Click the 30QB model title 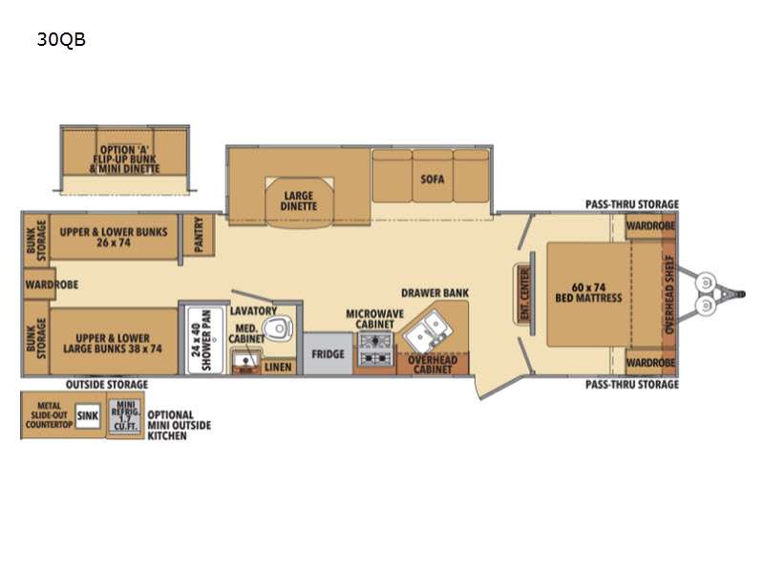(x=61, y=39)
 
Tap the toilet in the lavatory (x=278, y=328)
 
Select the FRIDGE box (x=328, y=353)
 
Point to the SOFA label (x=433, y=179)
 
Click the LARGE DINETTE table (x=299, y=202)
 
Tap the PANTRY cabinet (x=199, y=234)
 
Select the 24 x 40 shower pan (x=205, y=340)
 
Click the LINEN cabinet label (x=278, y=367)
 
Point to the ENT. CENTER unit (x=524, y=294)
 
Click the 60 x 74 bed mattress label (x=588, y=292)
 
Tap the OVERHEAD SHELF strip (x=669, y=294)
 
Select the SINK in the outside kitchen (x=88, y=416)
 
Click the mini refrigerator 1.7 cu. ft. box (x=125, y=415)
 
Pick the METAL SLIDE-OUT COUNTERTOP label (x=49, y=415)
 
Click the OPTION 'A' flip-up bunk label (x=125, y=159)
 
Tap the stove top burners (x=375, y=349)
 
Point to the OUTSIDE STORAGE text (x=107, y=385)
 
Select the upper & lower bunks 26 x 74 (x=114, y=237)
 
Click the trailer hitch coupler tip (x=743, y=294)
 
